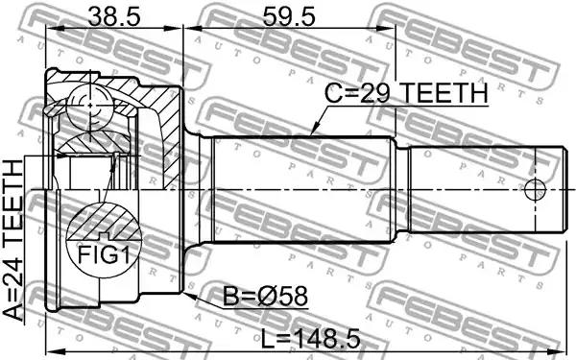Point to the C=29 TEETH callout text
point(407,92)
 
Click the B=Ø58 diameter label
point(265,296)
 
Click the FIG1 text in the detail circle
point(104,254)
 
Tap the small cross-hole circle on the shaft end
point(536,190)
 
